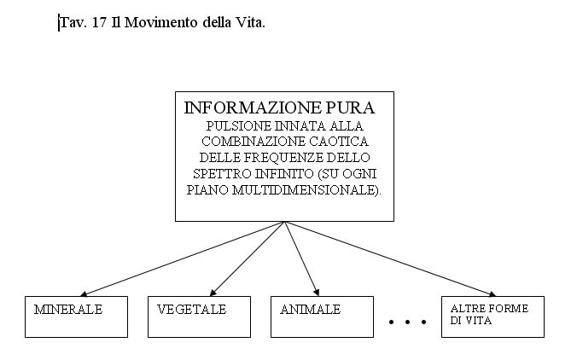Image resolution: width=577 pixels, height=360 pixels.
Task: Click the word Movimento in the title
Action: [x=160, y=23]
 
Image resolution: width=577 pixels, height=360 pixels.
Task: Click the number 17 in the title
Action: [x=99, y=23]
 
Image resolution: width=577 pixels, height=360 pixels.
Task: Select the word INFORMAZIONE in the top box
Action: [x=253, y=107]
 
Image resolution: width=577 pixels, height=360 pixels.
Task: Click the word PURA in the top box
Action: [x=350, y=107]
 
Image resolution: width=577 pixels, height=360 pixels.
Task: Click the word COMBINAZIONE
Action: [x=254, y=142]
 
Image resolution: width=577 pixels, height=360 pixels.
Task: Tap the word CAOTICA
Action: [x=339, y=142]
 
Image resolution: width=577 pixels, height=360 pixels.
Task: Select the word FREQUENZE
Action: [x=283, y=158]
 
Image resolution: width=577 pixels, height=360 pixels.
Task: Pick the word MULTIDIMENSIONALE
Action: [x=305, y=190]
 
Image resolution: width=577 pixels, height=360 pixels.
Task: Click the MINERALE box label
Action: [x=68, y=310]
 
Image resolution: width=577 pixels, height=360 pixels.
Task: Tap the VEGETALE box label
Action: [x=191, y=310]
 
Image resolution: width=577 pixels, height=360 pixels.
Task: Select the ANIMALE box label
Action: [x=310, y=310]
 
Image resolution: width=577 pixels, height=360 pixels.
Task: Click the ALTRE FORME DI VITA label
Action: [x=489, y=315]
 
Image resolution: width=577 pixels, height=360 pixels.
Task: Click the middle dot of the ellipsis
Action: [x=407, y=322]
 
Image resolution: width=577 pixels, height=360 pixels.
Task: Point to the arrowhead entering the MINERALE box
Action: [x=83, y=294]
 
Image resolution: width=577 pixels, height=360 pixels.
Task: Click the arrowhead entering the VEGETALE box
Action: [x=213, y=293]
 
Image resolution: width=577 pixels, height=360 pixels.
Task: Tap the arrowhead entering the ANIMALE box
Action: [x=317, y=293]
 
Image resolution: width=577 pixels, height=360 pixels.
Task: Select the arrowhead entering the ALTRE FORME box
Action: [x=492, y=294]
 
